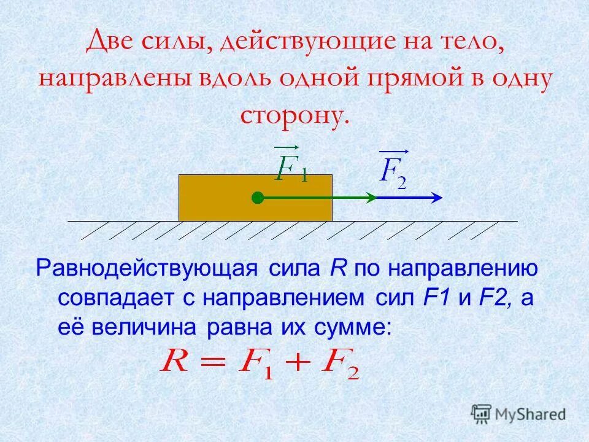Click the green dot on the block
click(258, 198)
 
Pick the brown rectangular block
click(215, 198)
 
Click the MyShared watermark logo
click(518, 413)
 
